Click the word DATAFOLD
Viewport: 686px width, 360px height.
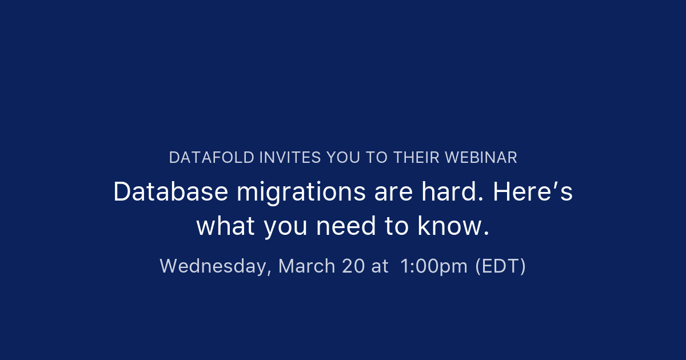click(212, 158)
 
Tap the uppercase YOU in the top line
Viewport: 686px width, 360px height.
click(343, 158)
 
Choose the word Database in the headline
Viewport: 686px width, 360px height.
click(171, 191)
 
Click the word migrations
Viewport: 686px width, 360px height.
click(301, 194)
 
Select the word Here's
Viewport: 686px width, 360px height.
click(533, 191)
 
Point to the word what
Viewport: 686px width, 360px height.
click(226, 226)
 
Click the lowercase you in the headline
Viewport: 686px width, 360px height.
click(285, 229)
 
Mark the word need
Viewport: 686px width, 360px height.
click(346, 226)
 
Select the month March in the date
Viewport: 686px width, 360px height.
click(306, 266)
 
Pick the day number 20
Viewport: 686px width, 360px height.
click(353, 266)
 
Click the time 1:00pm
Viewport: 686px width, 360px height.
click(434, 267)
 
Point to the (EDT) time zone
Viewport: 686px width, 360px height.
click(500, 266)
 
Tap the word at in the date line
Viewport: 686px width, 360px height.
click(380, 267)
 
